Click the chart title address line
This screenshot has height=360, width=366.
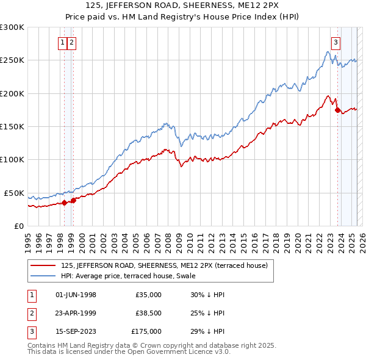pyautogui.click(x=183, y=5)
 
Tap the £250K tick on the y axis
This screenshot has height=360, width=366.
pyautogui.click(x=12, y=60)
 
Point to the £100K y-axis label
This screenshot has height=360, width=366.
pyautogui.click(x=12, y=159)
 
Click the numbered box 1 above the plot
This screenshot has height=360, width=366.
pyautogui.click(x=63, y=43)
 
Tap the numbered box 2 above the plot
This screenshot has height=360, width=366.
pyautogui.click(x=72, y=43)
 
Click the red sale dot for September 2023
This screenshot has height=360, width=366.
pyautogui.click(x=337, y=110)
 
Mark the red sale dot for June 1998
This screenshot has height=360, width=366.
pyautogui.click(x=64, y=203)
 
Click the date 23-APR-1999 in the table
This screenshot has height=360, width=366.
pyautogui.click(x=76, y=313)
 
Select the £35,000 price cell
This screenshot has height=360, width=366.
pyautogui.click(x=149, y=295)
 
